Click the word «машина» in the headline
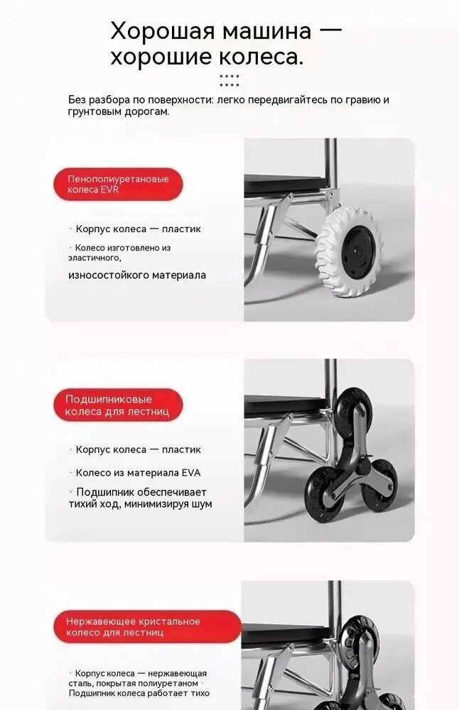266,32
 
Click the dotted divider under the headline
229,81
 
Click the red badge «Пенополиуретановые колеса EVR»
118,185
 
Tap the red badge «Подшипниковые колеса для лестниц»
118,405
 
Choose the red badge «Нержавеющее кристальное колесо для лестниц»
147,627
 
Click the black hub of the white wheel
358,251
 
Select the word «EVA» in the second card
190,473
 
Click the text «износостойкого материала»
137,275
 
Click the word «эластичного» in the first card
94,258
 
